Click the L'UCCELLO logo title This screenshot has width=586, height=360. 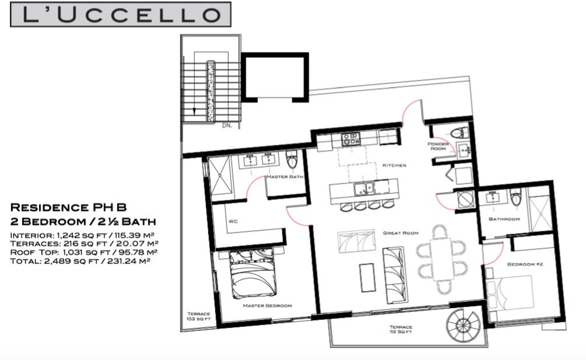point(120,14)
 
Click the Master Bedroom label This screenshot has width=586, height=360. point(267,305)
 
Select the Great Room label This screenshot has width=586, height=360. point(401,233)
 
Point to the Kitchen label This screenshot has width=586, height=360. point(394,165)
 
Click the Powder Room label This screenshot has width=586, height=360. point(438,146)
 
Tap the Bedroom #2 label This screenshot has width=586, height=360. point(525,264)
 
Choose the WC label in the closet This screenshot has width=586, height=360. point(233,221)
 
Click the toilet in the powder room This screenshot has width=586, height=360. point(459,132)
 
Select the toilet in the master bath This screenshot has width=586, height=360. point(292,160)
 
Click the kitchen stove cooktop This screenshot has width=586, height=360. point(350,139)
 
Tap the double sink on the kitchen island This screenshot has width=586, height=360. point(364,188)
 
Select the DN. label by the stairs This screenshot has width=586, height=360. point(227,125)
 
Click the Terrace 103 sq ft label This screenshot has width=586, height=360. point(199,316)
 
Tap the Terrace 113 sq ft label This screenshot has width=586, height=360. point(401,329)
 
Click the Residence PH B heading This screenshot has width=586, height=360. point(68,207)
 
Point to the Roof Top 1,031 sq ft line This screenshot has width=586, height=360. point(84,252)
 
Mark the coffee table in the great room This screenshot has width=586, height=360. point(367,278)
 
